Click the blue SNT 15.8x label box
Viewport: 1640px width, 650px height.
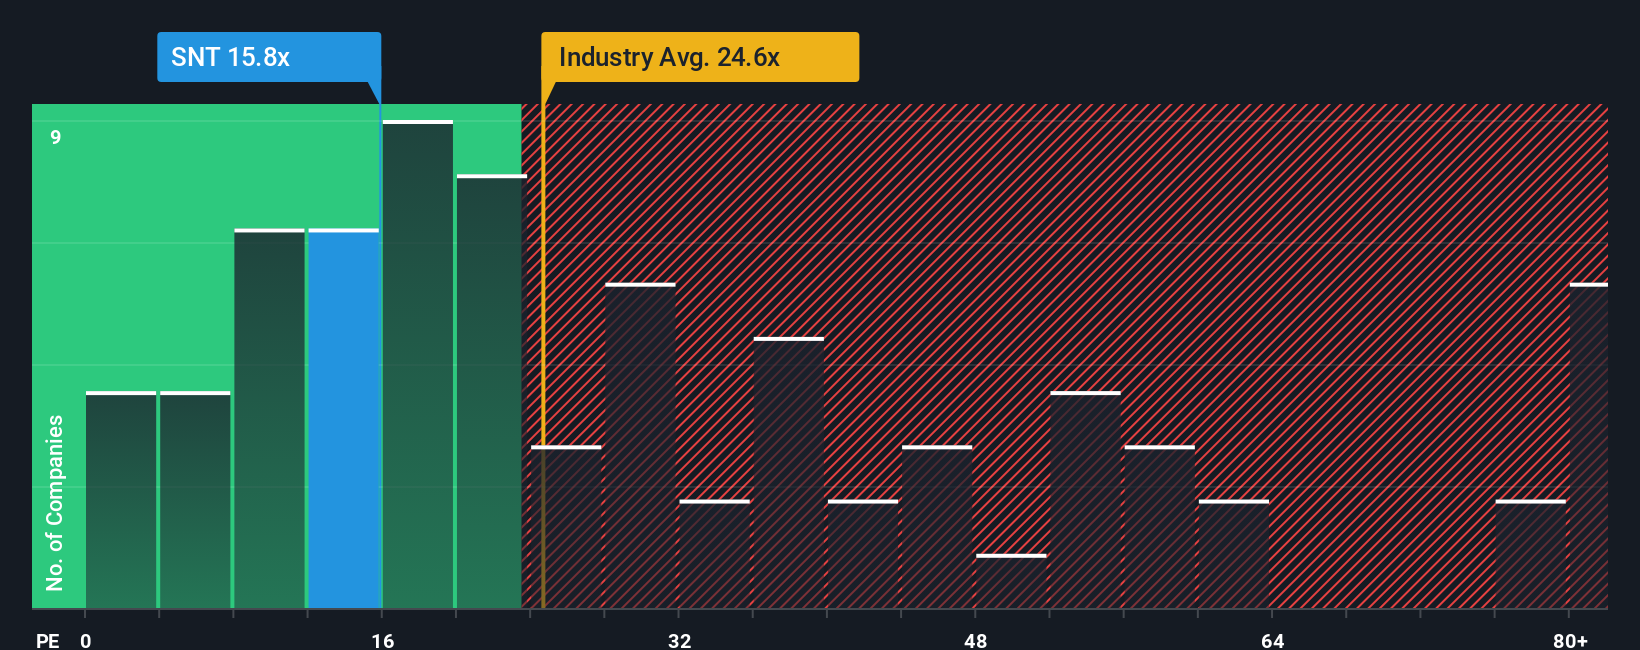click(268, 57)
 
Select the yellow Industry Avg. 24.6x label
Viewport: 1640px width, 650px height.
click(699, 57)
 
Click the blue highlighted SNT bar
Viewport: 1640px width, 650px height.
click(344, 420)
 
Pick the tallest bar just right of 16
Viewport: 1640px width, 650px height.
click(418, 365)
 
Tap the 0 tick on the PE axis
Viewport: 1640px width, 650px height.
click(86, 640)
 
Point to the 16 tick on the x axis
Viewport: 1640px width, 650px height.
click(383, 640)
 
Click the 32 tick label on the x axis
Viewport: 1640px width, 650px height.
click(680, 640)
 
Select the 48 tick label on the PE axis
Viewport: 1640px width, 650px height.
click(976, 640)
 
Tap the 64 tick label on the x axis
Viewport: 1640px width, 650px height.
click(1272, 640)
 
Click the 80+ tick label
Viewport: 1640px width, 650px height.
click(1570, 640)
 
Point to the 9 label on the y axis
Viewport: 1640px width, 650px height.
click(56, 137)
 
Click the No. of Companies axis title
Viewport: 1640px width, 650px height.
click(55, 502)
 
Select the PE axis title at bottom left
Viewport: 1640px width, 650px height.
click(47, 640)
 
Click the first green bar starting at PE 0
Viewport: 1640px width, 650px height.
click(121, 500)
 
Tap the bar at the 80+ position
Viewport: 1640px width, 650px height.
click(1588, 446)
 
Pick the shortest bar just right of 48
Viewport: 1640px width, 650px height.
click(1011, 582)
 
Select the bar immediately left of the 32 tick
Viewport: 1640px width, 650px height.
click(640, 446)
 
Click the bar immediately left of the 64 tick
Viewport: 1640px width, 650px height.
click(1234, 555)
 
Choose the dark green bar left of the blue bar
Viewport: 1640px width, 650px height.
click(269, 420)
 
